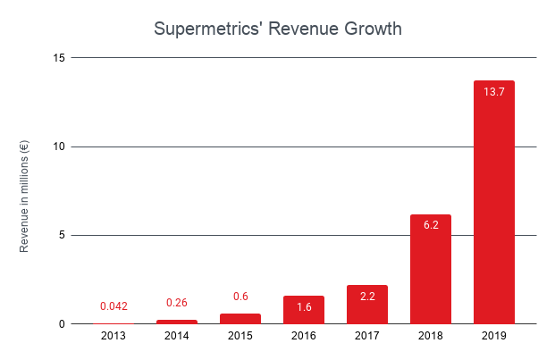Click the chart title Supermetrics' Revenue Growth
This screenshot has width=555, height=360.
tap(277, 29)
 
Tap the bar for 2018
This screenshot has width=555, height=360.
tap(430, 269)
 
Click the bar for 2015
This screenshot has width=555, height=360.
tap(240, 319)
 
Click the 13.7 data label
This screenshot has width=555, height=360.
tap(493, 91)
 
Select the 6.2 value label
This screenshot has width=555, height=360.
tap(430, 225)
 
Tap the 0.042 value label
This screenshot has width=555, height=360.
tap(114, 306)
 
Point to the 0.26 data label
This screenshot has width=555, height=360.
tap(177, 303)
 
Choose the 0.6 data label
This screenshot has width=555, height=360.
tap(240, 297)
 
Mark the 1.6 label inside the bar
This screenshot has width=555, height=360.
tap(303, 306)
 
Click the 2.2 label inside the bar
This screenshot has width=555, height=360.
tap(366, 296)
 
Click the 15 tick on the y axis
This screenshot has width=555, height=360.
tap(59, 58)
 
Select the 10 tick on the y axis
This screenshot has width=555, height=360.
tap(59, 147)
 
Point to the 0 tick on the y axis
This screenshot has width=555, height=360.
tap(63, 324)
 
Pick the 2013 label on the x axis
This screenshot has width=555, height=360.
tap(114, 337)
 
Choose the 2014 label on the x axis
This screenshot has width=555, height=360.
tap(177, 337)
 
